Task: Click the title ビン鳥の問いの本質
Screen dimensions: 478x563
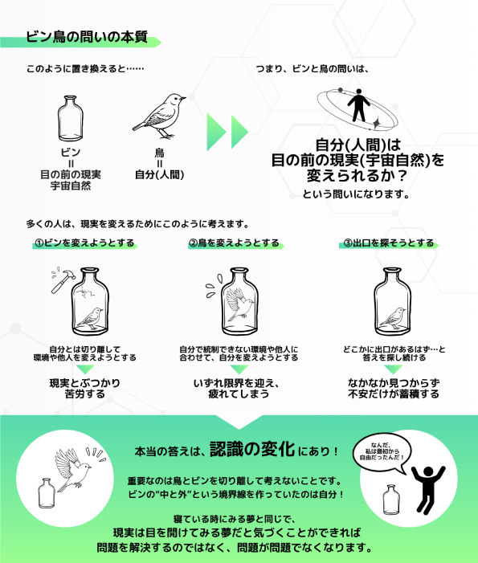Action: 87,37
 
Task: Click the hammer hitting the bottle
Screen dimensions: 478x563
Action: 63,281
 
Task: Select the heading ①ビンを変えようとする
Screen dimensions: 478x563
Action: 84,243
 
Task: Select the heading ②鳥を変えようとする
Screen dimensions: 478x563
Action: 234,243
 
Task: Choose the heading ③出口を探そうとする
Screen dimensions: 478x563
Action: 389,243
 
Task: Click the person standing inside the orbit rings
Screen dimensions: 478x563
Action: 358,105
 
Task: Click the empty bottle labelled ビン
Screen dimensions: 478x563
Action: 71,119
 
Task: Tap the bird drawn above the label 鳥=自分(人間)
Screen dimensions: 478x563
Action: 159,116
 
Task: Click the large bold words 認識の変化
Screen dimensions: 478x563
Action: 252,449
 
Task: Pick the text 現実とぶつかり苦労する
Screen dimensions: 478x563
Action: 84,389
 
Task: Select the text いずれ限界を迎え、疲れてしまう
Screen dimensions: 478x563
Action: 237,389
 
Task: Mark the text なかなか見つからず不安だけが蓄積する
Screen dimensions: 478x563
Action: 394,389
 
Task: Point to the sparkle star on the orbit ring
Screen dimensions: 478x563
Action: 377,123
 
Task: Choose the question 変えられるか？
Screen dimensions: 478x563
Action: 357,176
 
